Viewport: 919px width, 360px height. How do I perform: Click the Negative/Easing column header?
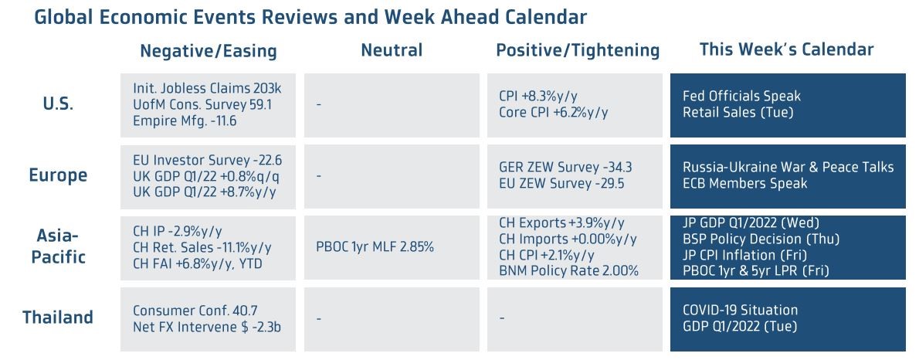208,52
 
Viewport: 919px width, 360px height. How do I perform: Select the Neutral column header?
392,50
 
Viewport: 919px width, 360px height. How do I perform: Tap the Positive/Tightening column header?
578,51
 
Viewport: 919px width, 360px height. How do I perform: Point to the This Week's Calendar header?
786,50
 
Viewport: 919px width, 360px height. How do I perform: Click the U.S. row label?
58,104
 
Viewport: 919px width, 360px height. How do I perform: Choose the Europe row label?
58,175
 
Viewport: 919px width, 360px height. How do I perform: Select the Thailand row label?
58,318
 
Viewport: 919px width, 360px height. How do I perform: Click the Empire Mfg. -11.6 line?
181,121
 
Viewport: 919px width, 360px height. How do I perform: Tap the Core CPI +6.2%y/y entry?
554,112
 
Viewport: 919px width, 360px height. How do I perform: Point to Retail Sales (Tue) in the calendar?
738,112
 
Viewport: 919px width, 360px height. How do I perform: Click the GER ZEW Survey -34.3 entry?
565,167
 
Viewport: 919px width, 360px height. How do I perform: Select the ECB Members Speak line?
745,183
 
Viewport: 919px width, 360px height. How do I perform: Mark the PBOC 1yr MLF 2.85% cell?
375,247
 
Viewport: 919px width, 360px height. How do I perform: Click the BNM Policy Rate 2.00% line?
568,271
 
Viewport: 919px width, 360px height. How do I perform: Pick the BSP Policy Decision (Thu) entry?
761,239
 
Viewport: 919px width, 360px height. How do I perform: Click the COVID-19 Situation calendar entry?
741,310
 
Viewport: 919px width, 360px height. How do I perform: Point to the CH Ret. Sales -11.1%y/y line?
202,248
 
